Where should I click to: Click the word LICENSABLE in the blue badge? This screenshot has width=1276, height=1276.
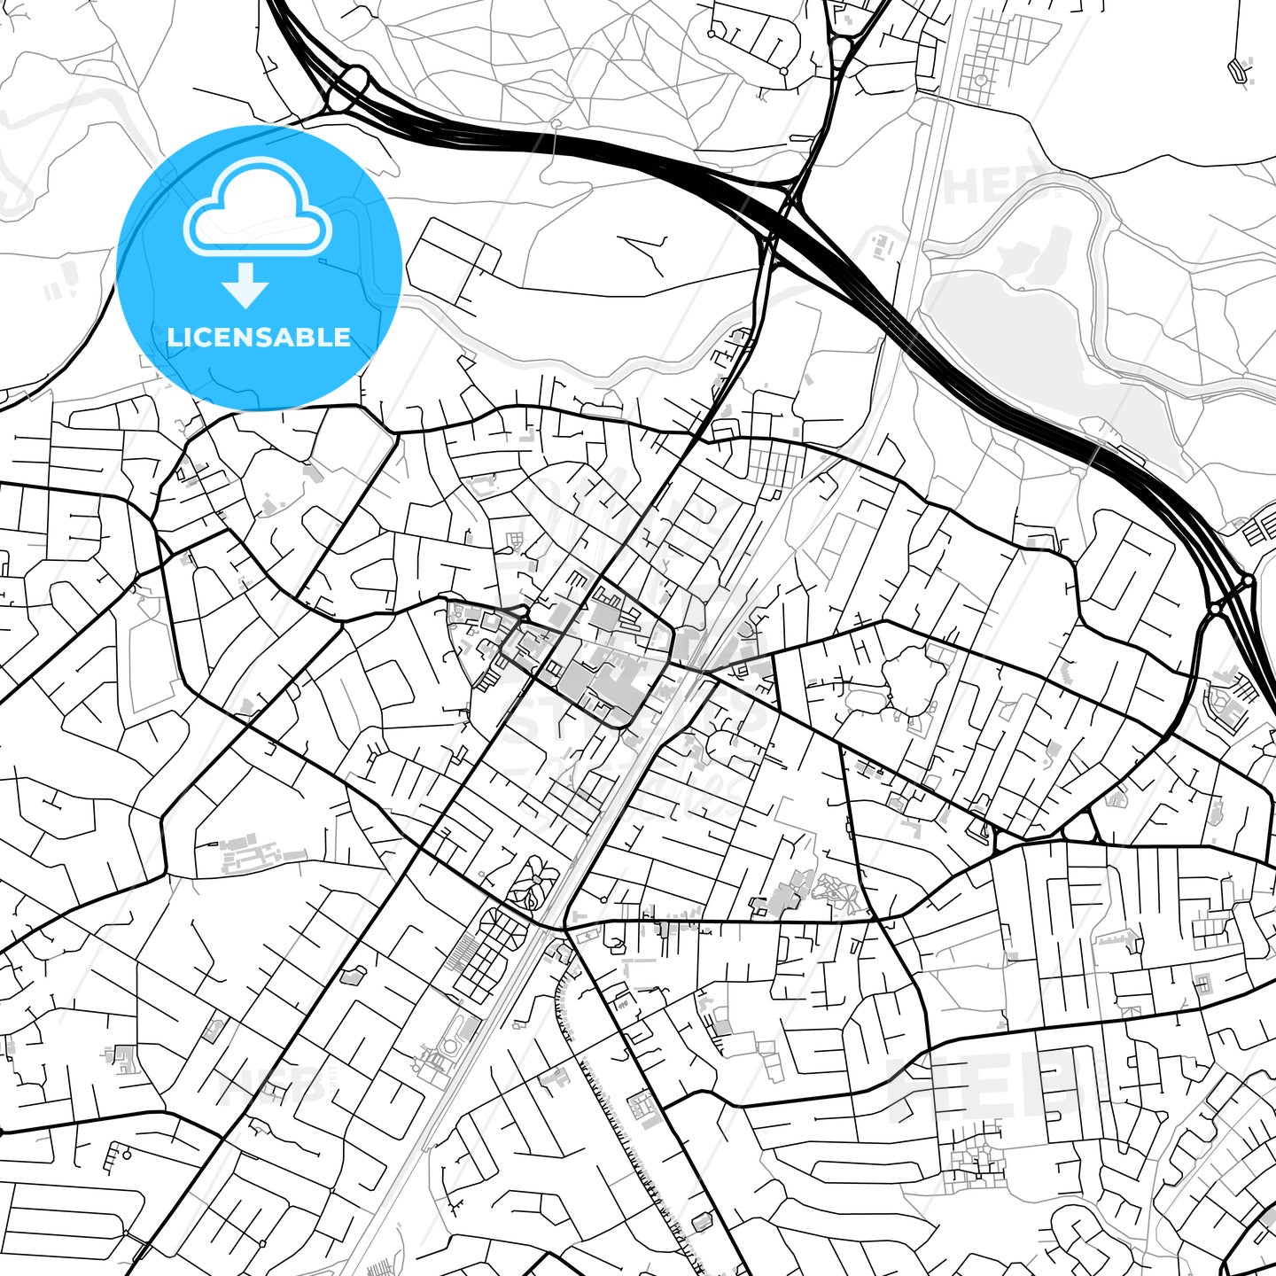(259, 338)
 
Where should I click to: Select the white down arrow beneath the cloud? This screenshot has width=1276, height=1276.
(245, 285)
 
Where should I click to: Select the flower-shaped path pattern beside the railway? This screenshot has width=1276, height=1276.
(532, 883)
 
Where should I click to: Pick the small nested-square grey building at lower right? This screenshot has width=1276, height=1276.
(1202, 982)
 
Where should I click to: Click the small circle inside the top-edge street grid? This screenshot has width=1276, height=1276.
(981, 80)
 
